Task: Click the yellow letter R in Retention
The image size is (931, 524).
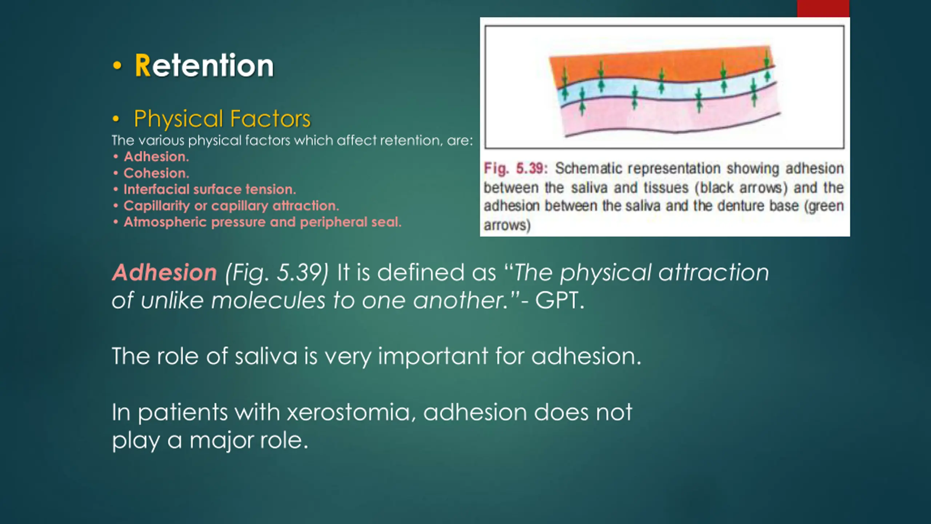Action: click(x=143, y=65)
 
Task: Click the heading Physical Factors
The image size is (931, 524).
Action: click(x=222, y=119)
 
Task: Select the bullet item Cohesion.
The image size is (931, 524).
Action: click(x=156, y=173)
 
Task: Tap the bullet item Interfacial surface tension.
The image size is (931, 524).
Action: click(x=210, y=189)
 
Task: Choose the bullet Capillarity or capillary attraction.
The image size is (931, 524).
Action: click(x=231, y=206)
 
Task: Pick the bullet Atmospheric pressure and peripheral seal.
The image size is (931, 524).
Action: click(x=263, y=222)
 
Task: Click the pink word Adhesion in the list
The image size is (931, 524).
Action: click(x=156, y=156)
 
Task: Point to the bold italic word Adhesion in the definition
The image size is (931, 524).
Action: click(x=164, y=273)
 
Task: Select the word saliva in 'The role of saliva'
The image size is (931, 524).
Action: click(x=266, y=356)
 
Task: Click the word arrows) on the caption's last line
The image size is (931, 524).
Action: click(x=507, y=226)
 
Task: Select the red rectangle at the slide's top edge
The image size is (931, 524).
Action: click(x=823, y=8)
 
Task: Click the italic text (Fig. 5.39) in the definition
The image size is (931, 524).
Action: click(x=277, y=273)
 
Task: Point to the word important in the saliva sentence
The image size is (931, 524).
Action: click(x=433, y=356)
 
